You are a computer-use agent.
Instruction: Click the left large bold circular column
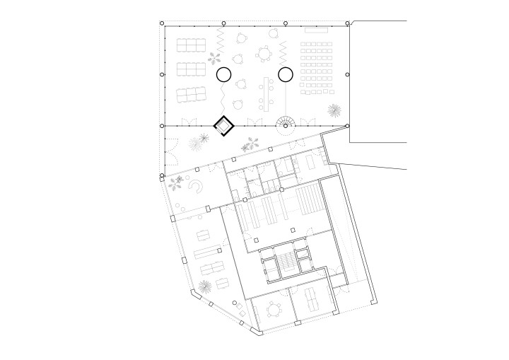(223, 74)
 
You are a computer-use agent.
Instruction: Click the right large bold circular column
(286, 74)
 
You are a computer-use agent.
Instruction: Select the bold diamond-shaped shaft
(224, 126)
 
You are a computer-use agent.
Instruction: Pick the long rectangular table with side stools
(267, 93)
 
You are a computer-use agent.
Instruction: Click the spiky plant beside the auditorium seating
(333, 110)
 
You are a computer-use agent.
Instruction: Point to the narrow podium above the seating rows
(317, 30)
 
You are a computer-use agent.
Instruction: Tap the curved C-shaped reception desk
(198, 185)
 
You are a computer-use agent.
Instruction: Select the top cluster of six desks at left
(189, 46)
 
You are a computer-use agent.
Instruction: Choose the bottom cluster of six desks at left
(189, 94)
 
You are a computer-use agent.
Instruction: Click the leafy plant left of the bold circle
(214, 59)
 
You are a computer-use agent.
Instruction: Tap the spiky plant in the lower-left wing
(205, 286)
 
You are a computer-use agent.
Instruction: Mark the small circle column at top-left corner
(162, 23)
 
